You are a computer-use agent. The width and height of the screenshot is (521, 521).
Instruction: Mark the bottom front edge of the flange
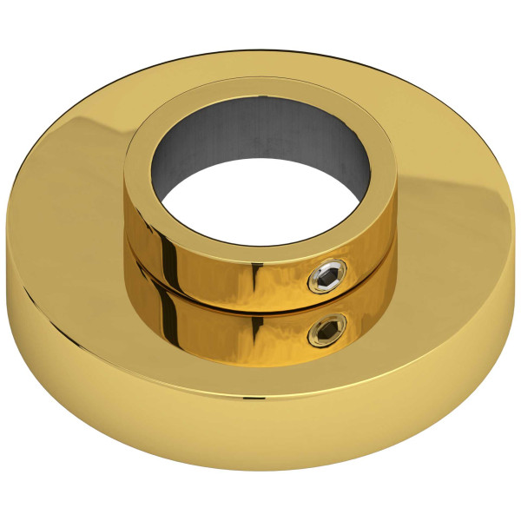coord(260,469)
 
